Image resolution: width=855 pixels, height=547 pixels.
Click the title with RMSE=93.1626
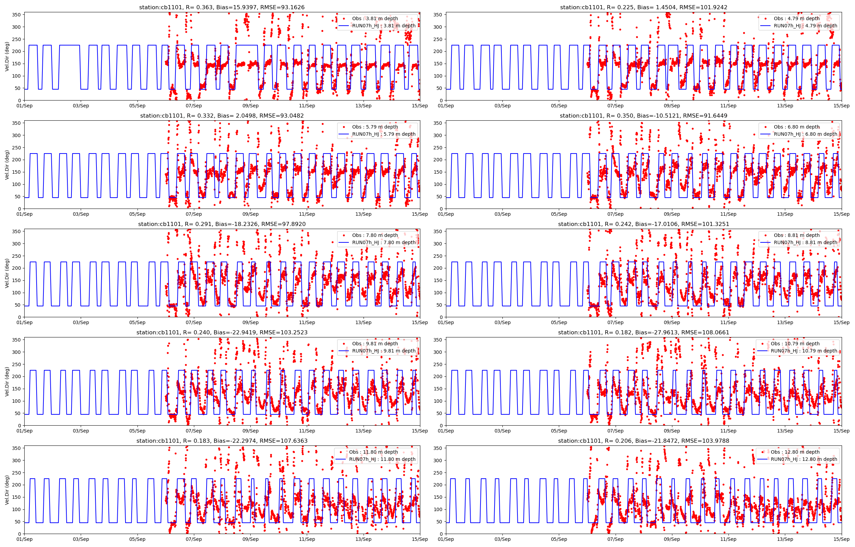point(222,8)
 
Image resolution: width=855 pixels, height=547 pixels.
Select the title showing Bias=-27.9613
point(643,332)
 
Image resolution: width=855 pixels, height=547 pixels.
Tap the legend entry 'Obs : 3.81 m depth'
point(375,18)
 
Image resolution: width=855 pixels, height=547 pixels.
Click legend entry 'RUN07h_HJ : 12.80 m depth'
point(803,459)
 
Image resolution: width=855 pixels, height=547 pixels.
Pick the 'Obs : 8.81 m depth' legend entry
point(797,235)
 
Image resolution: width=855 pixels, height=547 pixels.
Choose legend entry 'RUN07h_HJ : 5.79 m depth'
point(384,134)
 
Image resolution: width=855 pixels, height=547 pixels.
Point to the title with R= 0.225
point(643,8)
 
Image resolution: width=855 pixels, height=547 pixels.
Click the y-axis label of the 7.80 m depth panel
point(7,273)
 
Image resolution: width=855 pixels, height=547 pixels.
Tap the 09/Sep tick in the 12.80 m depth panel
point(672,539)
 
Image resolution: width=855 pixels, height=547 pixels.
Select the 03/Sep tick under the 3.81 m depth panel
point(81,106)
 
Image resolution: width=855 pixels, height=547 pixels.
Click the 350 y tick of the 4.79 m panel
point(438,15)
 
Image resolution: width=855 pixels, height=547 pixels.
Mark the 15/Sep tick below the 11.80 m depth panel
point(420,539)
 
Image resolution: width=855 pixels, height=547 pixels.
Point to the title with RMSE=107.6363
point(222,441)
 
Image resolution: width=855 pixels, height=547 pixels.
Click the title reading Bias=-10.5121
point(643,116)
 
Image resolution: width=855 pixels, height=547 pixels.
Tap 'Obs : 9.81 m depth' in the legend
point(375,344)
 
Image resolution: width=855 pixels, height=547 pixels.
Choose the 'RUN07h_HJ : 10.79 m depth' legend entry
point(803,350)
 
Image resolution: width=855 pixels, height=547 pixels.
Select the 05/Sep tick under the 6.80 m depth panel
point(559,214)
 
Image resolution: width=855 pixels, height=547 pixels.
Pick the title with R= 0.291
point(222,224)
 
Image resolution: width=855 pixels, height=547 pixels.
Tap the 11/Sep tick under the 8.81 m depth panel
point(728,322)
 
